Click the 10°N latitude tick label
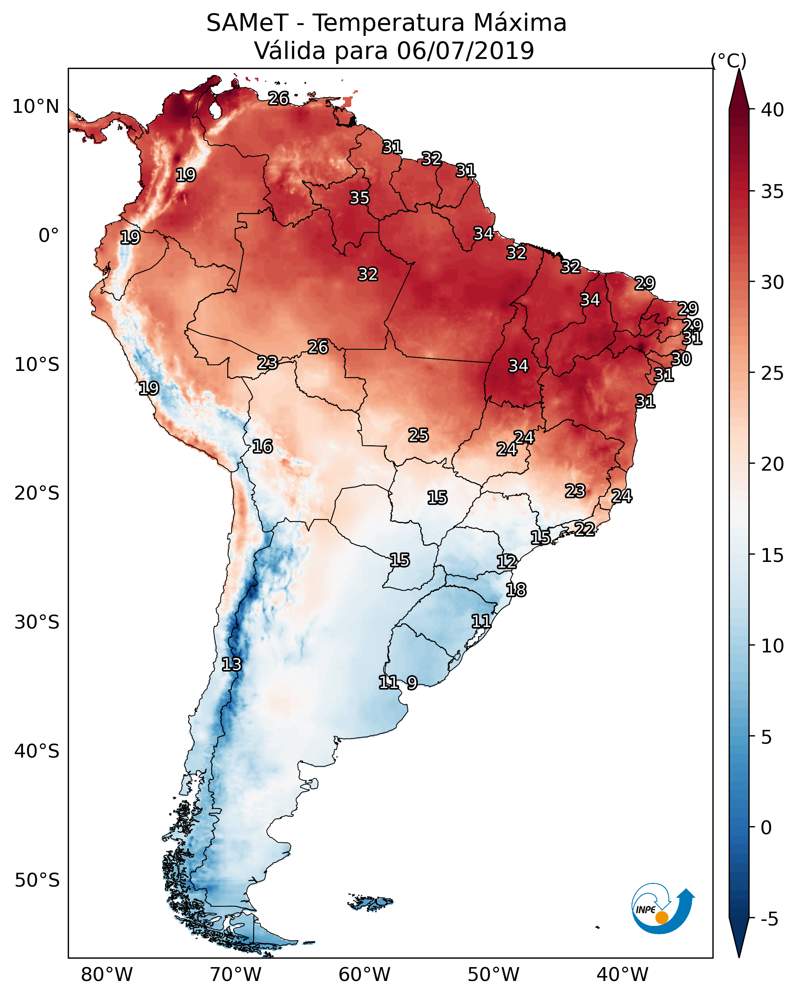point(35,107)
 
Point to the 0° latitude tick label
point(49,236)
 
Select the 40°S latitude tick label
point(37,751)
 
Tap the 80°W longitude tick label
point(107,975)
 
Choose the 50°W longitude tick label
point(493,975)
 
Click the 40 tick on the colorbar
point(773,110)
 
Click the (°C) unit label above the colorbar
point(729,60)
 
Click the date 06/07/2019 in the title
point(465,51)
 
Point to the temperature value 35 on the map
point(359,198)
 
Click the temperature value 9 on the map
point(412,682)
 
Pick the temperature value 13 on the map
point(231,664)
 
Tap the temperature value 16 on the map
point(262,447)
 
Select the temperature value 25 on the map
point(419,435)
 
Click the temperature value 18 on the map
point(516,590)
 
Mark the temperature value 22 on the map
point(585,529)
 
